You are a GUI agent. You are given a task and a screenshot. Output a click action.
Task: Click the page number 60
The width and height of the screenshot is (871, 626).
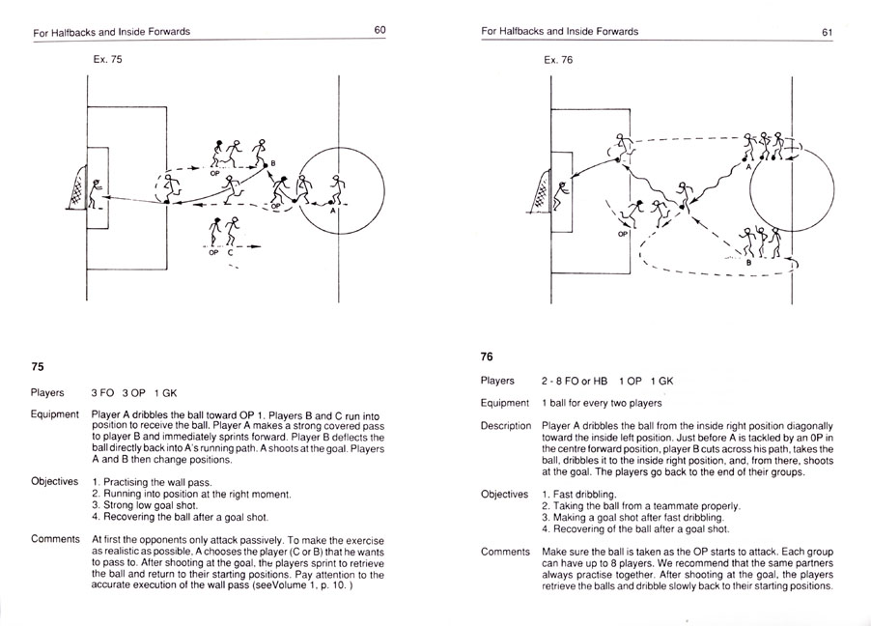pos(380,31)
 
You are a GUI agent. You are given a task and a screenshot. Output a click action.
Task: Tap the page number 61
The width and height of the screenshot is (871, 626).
pos(828,32)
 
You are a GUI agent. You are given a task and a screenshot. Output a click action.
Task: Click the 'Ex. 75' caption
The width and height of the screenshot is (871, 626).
pos(109,59)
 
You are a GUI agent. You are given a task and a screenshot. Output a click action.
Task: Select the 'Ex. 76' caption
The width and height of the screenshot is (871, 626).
pos(558,59)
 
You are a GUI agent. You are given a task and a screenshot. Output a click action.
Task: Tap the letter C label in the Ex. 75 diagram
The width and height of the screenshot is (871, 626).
pos(231,253)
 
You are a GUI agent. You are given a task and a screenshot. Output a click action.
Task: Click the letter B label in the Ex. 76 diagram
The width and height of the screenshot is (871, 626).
pos(748,262)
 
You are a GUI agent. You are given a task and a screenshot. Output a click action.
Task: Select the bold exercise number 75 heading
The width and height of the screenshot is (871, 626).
pos(38,366)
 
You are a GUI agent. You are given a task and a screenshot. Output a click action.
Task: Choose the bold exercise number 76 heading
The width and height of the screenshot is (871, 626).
pos(488,356)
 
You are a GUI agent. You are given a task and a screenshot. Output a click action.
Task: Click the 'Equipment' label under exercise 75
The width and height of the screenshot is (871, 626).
pos(54,414)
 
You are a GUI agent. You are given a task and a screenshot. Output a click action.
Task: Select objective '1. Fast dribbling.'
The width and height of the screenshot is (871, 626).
pos(582,494)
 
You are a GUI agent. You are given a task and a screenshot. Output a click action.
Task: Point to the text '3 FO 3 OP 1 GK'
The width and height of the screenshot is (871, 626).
pos(134,393)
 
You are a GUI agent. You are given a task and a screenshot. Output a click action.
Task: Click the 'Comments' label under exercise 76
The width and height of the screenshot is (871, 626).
pos(505,552)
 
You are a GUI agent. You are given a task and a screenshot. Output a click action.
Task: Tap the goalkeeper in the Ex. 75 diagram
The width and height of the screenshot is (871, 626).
pos(96,189)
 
